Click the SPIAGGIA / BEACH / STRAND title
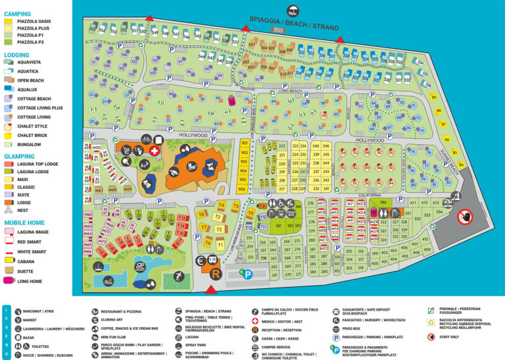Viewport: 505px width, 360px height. pyautogui.click(x=294, y=24)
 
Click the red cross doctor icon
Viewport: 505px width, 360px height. pyautogui.click(x=154, y=151)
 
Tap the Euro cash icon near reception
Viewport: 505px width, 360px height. pyautogui.click(x=201, y=261)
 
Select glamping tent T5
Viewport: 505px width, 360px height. pyautogui.click(x=235, y=206)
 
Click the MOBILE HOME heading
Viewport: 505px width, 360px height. pyautogui.click(x=25, y=222)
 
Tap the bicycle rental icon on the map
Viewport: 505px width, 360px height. pyautogui.click(x=146, y=140)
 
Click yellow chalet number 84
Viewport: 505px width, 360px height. pyautogui.click(x=461, y=165)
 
